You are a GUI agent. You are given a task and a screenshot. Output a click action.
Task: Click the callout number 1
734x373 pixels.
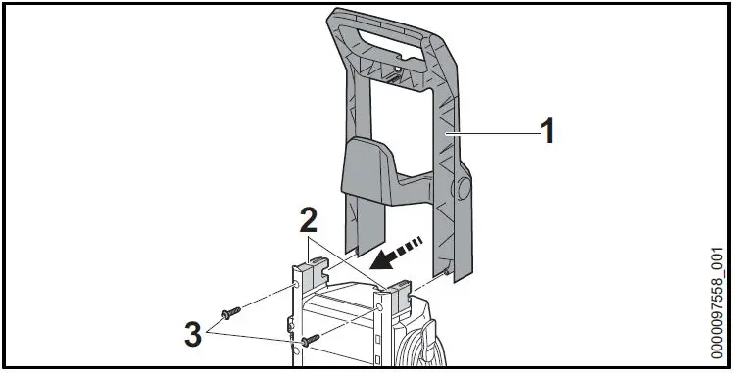[x=548, y=131]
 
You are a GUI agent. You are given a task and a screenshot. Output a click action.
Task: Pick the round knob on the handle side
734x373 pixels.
[x=462, y=189]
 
